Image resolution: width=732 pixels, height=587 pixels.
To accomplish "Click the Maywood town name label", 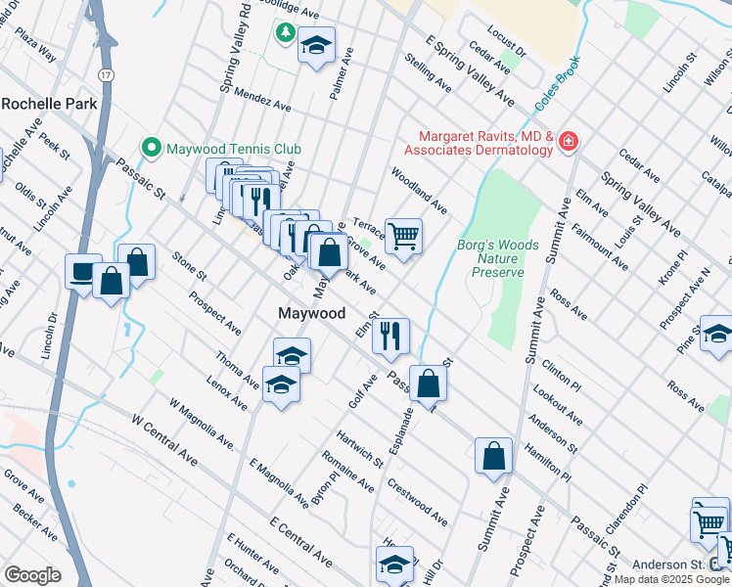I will [x=311, y=314].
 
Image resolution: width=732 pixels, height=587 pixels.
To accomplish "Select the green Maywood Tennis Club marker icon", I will [x=151, y=149].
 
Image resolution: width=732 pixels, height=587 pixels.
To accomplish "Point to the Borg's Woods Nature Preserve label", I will [x=491, y=259].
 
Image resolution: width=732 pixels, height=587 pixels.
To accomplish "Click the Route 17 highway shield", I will [x=104, y=74].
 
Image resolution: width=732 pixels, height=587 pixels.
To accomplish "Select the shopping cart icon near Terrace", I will [x=403, y=236].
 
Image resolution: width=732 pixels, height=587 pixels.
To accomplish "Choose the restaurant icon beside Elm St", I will [x=390, y=336].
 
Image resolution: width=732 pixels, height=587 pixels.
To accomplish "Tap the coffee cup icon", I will [x=82, y=271].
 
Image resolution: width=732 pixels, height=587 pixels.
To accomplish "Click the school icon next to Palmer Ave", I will [x=316, y=45].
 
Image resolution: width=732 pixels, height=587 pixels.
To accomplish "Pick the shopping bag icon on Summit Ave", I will [x=494, y=455].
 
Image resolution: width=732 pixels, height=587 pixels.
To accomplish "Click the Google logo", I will [x=32, y=575].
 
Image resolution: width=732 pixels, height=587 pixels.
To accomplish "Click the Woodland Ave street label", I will [x=419, y=190].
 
